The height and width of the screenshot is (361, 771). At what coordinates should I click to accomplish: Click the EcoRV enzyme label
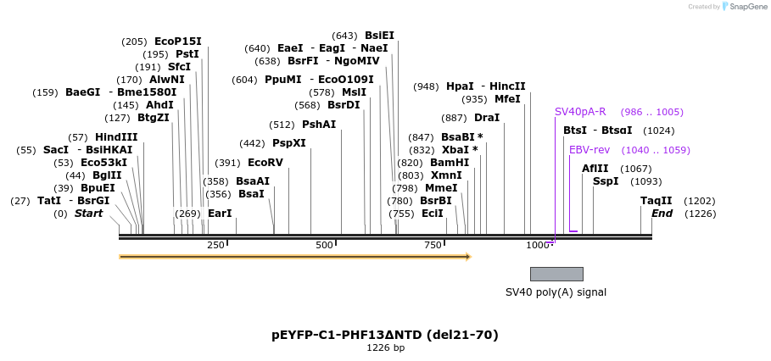pyautogui.click(x=265, y=163)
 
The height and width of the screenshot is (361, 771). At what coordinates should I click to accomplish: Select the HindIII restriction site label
pyautogui.click(x=116, y=137)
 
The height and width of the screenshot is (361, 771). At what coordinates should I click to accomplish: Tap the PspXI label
pyautogui.click(x=288, y=143)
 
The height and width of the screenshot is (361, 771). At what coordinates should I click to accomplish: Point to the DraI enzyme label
pyautogui.click(x=487, y=118)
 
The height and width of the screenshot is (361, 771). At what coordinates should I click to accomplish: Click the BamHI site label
pyautogui.click(x=450, y=163)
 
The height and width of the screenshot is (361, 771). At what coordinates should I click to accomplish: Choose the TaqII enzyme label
pyautogui.click(x=656, y=201)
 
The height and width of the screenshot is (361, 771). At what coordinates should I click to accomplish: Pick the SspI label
pyautogui.click(x=605, y=181)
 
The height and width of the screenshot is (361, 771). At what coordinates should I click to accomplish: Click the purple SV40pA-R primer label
pyautogui.click(x=580, y=112)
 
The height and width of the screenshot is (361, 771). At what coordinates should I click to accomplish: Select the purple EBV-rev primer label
pyautogui.click(x=589, y=150)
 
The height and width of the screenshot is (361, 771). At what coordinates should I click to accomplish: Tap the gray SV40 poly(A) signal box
pyautogui.click(x=556, y=274)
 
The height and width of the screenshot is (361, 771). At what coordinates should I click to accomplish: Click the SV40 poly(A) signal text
pyautogui.click(x=556, y=292)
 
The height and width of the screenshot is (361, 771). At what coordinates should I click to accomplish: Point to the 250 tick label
pyautogui.click(x=215, y=246)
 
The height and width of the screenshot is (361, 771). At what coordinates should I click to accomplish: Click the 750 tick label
pyautogui.click(x=433, y=246)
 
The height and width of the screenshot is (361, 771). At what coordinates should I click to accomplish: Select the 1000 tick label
pyautogui.click(x=538, y=246)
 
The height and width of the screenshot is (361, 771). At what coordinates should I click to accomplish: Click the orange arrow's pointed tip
pyautogui.click(x=469, y=256)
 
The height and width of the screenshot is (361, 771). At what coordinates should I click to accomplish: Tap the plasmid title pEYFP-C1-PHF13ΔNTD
pyautogui.click(x=385, y=335)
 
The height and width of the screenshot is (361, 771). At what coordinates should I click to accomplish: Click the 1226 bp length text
pyautogui.click(x=385, y=348)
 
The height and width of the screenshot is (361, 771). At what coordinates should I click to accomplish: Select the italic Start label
pyautogui.click(x=88, y=214)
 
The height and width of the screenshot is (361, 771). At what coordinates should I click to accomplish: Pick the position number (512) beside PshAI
pyautogui.click(x=282, y=125)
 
